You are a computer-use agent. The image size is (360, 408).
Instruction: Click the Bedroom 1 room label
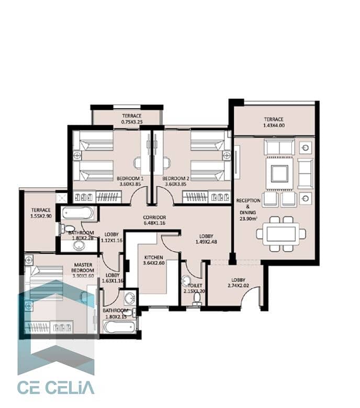pyautogui.click(x=130, y=181)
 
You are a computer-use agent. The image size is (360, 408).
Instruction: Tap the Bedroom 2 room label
pyautogui.click(x=176, y=181)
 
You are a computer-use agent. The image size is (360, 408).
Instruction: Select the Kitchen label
pyautogui.click(x=154, y=260)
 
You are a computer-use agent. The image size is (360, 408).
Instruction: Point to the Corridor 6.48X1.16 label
pyautogui.click(x=154, y=220)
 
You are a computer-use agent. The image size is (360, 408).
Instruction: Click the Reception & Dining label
pyautogui.click(x=248, y=209)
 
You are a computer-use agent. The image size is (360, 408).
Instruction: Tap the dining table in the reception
pyautogui.click(x=281, y=234)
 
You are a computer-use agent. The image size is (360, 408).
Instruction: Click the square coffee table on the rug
pyautogui.click(x=279, y=174)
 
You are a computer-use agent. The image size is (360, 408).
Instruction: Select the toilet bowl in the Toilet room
pyautogui.click(x=197, y=299)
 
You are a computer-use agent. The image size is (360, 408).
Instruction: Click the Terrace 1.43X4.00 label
pyautogui.click(x=274, y=122)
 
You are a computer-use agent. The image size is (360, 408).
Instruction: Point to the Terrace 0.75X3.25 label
pyautogui.click(x=132, y=119)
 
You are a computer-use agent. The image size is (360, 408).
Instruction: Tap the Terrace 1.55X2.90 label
pyautogui.click(x=41, y=213)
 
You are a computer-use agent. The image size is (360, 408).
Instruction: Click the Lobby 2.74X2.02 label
pyautogui.click(x=238, y=282)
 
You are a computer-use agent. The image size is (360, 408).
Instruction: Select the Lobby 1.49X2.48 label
pyautogui.click(x=206, y=239)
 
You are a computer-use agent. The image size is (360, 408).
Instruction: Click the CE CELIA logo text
pyautogui.click(x=55, y=388)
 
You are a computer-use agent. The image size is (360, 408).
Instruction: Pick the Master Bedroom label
pyautogui.click(x=83, y=270)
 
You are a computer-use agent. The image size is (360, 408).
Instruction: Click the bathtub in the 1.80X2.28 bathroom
pyautogui.click(x=77, y=213)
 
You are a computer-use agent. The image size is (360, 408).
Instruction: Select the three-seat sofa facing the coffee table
pyautogui.click(x=279, y=147)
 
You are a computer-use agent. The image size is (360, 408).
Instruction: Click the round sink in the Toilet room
pyautogui.click(x=186, y=280)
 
